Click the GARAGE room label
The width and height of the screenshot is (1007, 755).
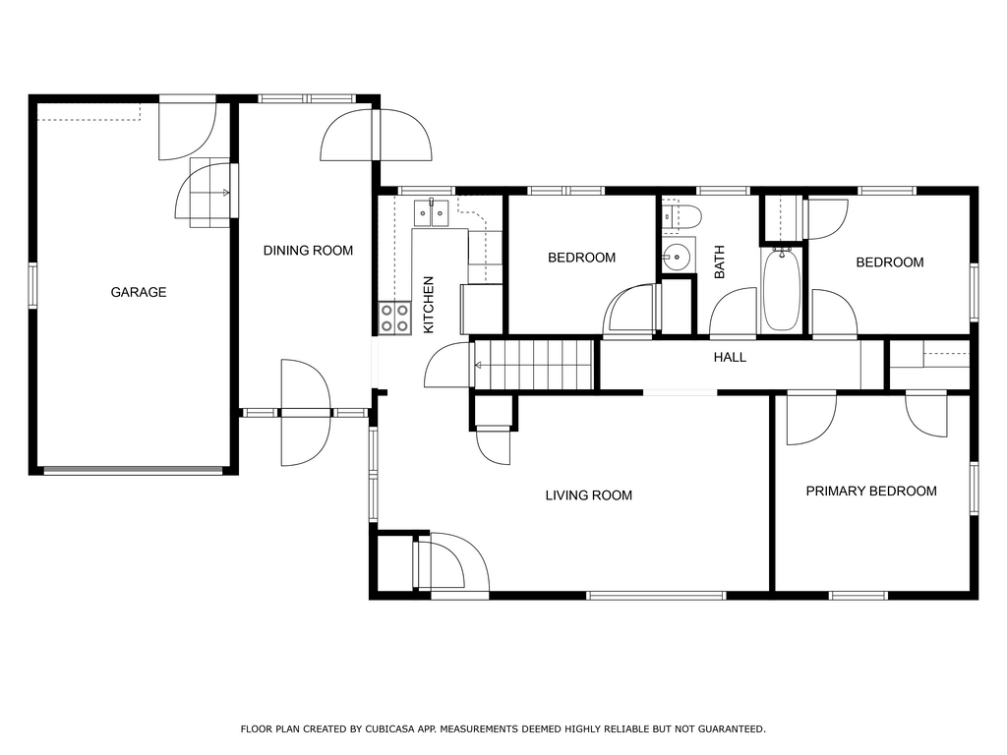[139, 292]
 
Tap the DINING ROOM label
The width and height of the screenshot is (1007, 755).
[308, 251]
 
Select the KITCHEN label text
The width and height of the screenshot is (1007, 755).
[429, 305]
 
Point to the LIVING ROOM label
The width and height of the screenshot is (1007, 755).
[589, 495]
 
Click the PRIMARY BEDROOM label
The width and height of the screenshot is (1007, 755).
[871, 492]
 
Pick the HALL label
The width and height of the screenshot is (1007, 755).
[731, 357]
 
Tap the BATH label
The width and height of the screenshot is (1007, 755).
[719, 261]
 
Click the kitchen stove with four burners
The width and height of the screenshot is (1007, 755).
[394, 319]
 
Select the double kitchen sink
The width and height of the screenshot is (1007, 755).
[431, 213]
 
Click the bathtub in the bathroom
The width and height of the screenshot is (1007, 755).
[782, 290]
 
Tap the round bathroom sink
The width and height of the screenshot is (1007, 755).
[677, 257]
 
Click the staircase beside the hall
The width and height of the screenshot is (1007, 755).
[533, 365]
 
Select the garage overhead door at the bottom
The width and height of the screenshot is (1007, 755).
[133, 471]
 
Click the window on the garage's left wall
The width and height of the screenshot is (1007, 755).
[32, 286]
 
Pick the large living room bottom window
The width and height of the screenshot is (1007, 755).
[656, 596]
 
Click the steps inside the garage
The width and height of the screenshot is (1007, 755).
[209, 193]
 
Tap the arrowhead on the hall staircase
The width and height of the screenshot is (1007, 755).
[478, 366]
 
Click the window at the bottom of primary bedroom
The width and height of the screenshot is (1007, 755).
[859, 596]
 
